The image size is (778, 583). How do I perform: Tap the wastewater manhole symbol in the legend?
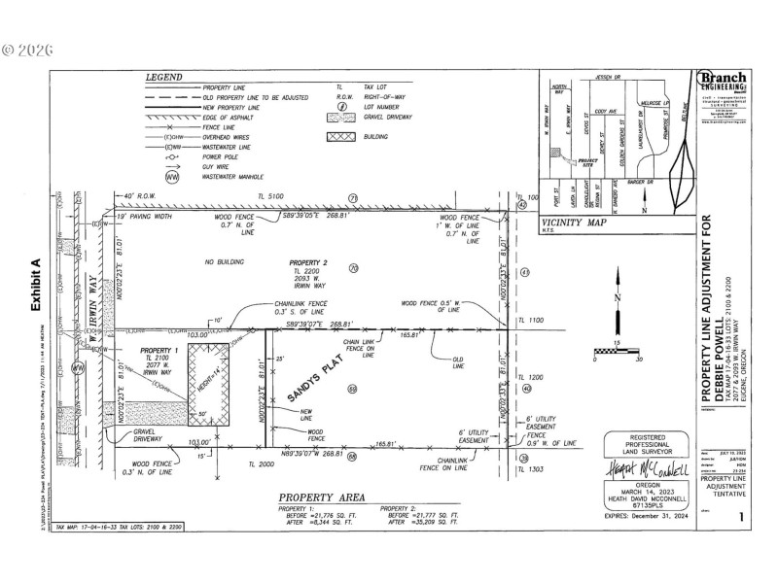[x=172, y=177]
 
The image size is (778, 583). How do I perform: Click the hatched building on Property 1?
[x=208, y=384]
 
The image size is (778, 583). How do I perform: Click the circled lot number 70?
[x=354, y=267]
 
